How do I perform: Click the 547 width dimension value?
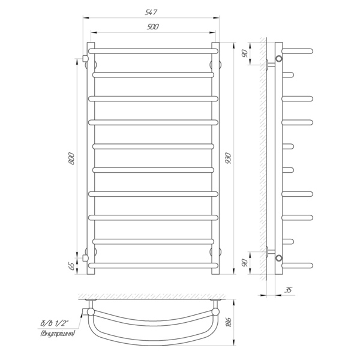pyautogui.click(x=151, y=12)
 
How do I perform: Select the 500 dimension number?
pyautogui.click(x=152, y=27)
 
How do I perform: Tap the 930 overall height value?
pyautogui.click(x=229, y=158)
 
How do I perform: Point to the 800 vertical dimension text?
pyautogui.click(x=71, y=158)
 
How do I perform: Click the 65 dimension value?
pyautogui.click(x=71, y=266)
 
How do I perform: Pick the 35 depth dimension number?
pyautogui.click(x=288, y=290)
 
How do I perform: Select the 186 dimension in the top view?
pyautogui.click(x=229, y=322)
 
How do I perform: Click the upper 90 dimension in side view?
pyautogui.click(x=245, y=53)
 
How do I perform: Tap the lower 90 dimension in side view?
pyautogui.click(x=245, y=263)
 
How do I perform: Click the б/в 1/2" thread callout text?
pyautogui.click(x=54, y=323)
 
